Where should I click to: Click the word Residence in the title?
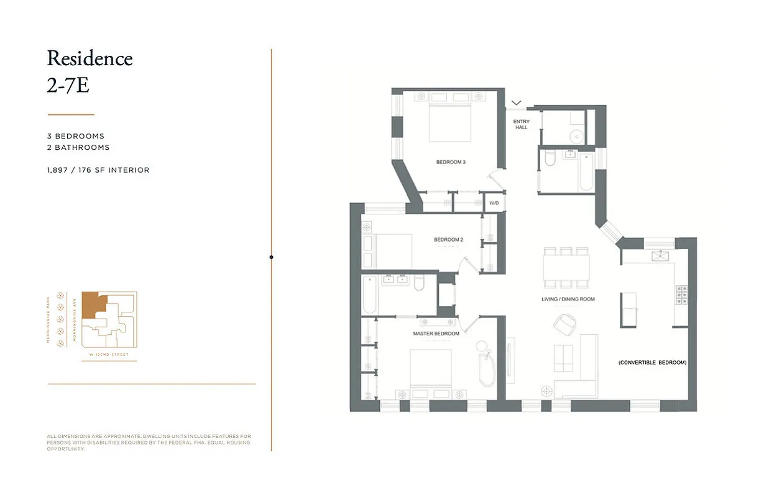tap(90, 58)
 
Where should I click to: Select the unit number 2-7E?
tap(68, 85)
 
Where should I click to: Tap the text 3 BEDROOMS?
tap(76, 136)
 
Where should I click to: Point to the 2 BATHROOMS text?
tap(78, 147)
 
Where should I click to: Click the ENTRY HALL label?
tap(521, 124)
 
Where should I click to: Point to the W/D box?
tap(494, 203)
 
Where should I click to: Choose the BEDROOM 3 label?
tap(451, 162)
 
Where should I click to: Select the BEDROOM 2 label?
tap(448, 240)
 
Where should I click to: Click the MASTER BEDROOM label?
tap(436, 334)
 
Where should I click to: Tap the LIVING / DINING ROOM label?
tap(568, 299)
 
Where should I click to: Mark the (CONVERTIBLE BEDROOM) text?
tap(652, 362)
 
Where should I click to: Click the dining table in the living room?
tap(566, 268)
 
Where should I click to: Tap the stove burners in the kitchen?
tap(681, 294)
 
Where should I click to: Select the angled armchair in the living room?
tap(564, 324)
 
